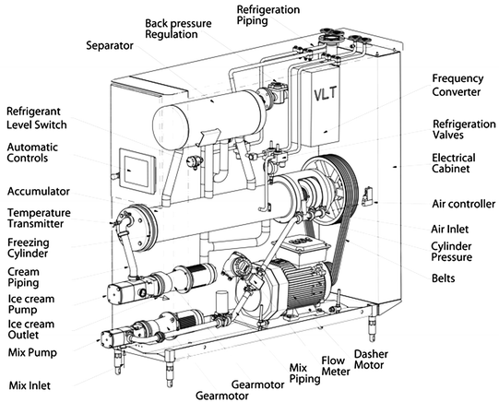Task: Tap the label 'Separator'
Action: pyautogui.click(x=110, y=44)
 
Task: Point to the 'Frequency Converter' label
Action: pyautogui.click(x=463, y=86)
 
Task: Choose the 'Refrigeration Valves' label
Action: pyautogui.click(x=464, y=130)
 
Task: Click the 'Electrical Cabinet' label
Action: pyautogui.click(x=458, y=163)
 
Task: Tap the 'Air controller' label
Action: pyautogui.click(x=463, y=204)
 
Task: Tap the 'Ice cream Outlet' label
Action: pyautogui.click(x=32, y=330)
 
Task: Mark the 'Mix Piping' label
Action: pyautogui.click(x=300, y=372)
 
